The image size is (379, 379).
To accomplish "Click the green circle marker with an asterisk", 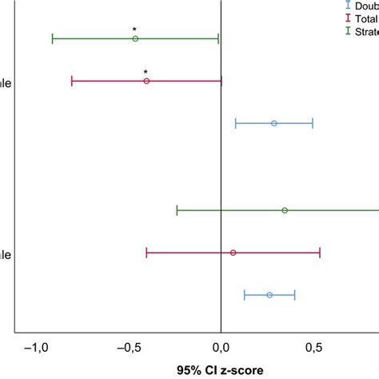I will click(135, 38).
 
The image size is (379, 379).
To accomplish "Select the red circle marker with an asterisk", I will click(146, 81).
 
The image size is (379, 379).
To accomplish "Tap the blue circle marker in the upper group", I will click(274, 123).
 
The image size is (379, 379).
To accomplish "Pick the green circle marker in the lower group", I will click(285, 210).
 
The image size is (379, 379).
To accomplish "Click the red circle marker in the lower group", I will click(233, 253).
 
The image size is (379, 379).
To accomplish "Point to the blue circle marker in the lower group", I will click(269, 295).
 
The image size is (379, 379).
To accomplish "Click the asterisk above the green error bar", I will click(134, 30).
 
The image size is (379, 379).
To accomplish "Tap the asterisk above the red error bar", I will click(146, 72).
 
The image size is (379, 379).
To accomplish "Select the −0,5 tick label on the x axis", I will click(128, 348).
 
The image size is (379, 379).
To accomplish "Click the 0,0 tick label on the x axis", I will click(221, 348).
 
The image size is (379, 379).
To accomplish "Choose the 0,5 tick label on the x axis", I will click(313, 348).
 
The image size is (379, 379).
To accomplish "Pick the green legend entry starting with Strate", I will click(367, 30).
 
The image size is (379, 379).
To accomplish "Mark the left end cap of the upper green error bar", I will click(53, 38).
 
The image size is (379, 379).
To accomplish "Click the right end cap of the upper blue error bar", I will click(313, 123).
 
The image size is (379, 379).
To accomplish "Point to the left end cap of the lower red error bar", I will click(147, 253).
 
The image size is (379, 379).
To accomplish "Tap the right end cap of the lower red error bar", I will click(320, 253).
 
